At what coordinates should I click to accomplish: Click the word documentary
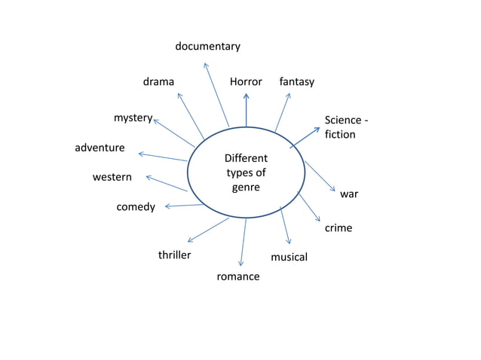(207, 47)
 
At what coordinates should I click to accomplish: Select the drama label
(158, 81)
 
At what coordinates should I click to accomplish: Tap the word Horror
(246, 81)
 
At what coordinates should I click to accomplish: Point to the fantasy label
(296, 81)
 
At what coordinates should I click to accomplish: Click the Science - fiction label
(346, 127)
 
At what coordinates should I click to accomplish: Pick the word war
(348, 194)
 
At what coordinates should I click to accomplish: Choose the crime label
(338, 227)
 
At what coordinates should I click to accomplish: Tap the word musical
(289, 258)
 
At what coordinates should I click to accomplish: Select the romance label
(237, 276)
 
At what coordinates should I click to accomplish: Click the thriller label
(174, 255)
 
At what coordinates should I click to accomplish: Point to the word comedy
(136, 207)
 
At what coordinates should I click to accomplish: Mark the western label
(112, 178)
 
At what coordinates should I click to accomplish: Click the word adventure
(100, 148)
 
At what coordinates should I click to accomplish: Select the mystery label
(133, 118)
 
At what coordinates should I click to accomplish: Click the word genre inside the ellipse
(245, 187)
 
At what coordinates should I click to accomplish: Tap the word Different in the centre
(246, 159)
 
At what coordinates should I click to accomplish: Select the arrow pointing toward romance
(243, 241)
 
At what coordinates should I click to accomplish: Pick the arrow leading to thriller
(207, 230)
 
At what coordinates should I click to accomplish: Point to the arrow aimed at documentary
(216, 94)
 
